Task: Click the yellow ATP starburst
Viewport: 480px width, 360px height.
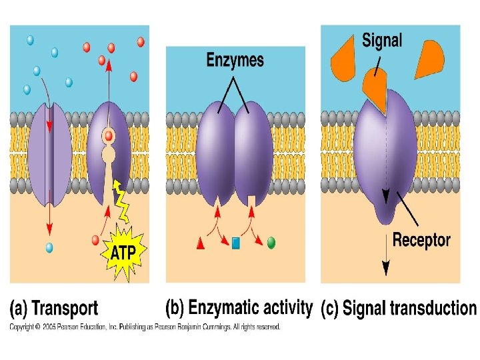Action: [x=123, y=252]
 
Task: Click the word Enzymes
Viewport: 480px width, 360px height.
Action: [x=235, y=60]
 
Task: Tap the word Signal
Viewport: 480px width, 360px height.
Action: [x=382, y=41]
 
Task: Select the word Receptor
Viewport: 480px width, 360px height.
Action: [x=421, y=240]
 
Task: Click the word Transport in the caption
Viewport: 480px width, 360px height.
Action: [x=65, y=308]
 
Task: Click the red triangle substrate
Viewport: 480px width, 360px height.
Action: [x=201, y=243]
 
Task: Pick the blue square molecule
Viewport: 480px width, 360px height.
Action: [x=236, y=243]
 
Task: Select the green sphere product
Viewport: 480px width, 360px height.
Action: [x=271, y=243]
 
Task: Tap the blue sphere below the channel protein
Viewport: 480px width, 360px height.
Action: [x=49, y=247]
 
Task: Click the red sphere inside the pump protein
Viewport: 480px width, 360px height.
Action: [x=109, y=136]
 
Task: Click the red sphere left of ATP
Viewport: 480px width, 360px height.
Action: [x=95, y=240]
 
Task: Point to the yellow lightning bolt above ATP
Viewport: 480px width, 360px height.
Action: [x=121, y=201]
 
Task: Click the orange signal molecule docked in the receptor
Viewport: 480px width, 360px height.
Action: [x=375, y=90]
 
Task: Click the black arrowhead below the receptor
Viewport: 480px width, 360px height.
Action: [x=386, y=268]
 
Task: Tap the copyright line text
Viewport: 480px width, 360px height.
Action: [x=145, y=327]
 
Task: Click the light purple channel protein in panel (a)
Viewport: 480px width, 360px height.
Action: [x=50, y=154]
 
